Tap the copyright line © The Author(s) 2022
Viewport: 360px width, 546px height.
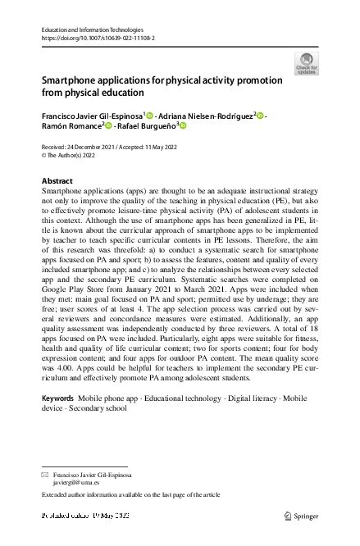point(73,153)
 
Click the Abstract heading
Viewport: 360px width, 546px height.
point(57,180)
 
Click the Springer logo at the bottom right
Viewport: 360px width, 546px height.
point(300,516)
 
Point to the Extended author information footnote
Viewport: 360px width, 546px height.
point(131,496)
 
